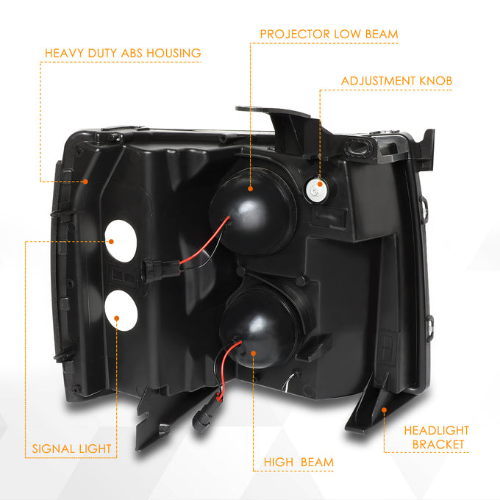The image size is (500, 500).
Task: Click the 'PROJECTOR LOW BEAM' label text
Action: (x=329, y=34)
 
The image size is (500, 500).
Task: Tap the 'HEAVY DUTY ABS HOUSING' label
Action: (x=123, y=53)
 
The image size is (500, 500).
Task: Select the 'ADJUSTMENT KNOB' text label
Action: (x=396, y=81)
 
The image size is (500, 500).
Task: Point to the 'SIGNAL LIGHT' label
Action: (x=72, y=449)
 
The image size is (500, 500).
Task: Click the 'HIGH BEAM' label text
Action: (x=299, y=462)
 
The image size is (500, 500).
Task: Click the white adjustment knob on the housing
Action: (x=315, y=190)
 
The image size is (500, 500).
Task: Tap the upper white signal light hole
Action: (x=121, y=241)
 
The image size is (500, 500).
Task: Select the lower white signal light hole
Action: (x=121, y=310)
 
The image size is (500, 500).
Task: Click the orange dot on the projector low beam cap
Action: (x=250, y=189)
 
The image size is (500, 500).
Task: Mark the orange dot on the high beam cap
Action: (x=254, y=354)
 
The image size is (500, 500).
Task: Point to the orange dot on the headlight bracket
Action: (x=385, y=410)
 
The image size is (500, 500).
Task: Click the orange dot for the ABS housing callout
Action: (x=85, y=182)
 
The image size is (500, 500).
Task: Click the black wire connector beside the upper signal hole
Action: (x=161, y=270)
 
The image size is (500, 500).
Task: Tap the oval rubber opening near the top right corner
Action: (x=358, y=148)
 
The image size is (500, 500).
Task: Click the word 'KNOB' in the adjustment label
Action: (x=436, y=81)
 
